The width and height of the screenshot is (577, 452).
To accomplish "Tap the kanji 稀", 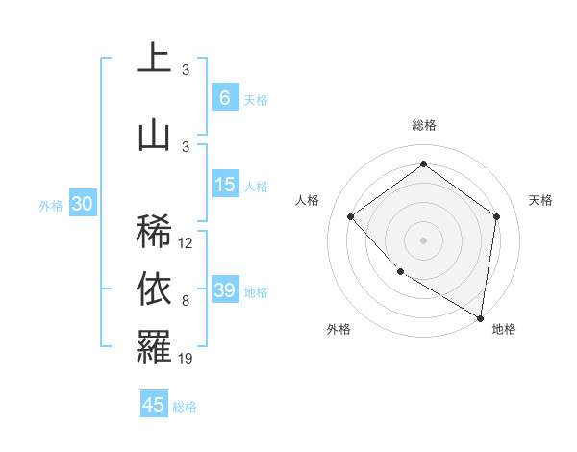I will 154,230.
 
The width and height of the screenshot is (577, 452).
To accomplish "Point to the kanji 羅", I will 154,346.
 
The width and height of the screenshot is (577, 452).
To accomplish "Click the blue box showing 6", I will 225,98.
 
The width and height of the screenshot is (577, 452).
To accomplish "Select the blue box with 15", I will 225,185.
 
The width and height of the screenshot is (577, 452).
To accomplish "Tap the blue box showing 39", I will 225,290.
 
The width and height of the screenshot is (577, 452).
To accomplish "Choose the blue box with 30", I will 82,204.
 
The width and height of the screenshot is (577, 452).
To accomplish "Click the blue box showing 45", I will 154,405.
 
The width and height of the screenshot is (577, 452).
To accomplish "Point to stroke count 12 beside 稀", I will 186,243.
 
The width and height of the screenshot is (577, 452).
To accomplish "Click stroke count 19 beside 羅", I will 186,359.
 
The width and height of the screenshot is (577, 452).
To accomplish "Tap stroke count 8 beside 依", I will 186,301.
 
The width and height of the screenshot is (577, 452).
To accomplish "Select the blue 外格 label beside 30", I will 51,205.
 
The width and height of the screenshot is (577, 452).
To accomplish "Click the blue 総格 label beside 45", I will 185,406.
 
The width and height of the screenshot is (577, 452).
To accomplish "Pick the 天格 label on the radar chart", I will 540,200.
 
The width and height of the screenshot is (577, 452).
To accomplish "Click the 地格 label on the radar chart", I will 504,329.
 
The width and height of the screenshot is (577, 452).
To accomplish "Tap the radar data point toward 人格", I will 351,216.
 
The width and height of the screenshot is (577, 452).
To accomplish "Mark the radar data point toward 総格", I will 423,164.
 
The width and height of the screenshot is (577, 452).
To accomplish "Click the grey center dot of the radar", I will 423,239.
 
